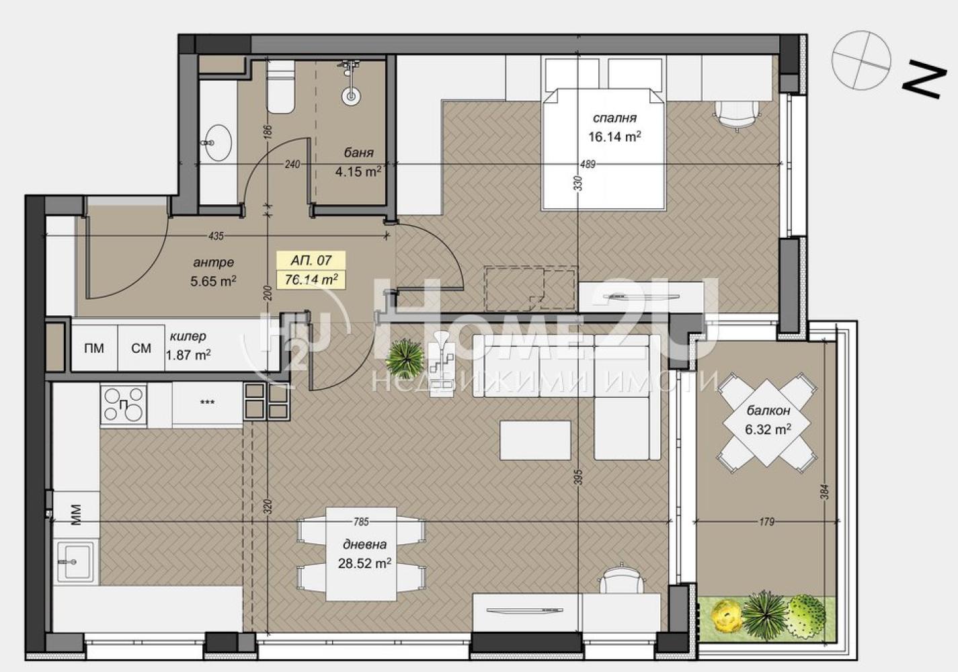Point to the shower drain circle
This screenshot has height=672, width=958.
(351, 96)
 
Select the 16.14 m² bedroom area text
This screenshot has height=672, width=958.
(614, 137)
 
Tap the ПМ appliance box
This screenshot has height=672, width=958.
(94, 348)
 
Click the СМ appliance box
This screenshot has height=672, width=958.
(141, 348)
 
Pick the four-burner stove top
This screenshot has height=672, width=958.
(124, 405)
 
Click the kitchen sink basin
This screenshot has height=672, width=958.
(73, 561)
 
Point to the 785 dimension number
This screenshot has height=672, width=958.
(362, 521)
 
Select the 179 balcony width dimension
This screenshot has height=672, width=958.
(767, 521)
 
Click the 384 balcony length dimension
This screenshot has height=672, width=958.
(825, 492)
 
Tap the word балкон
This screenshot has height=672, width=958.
(768, 411)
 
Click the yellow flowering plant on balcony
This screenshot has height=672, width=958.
(726, 615)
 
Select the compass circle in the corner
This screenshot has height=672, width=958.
(861, 60)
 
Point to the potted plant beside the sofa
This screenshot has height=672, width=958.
(405, 356)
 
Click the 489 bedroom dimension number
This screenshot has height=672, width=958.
(588, 164)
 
